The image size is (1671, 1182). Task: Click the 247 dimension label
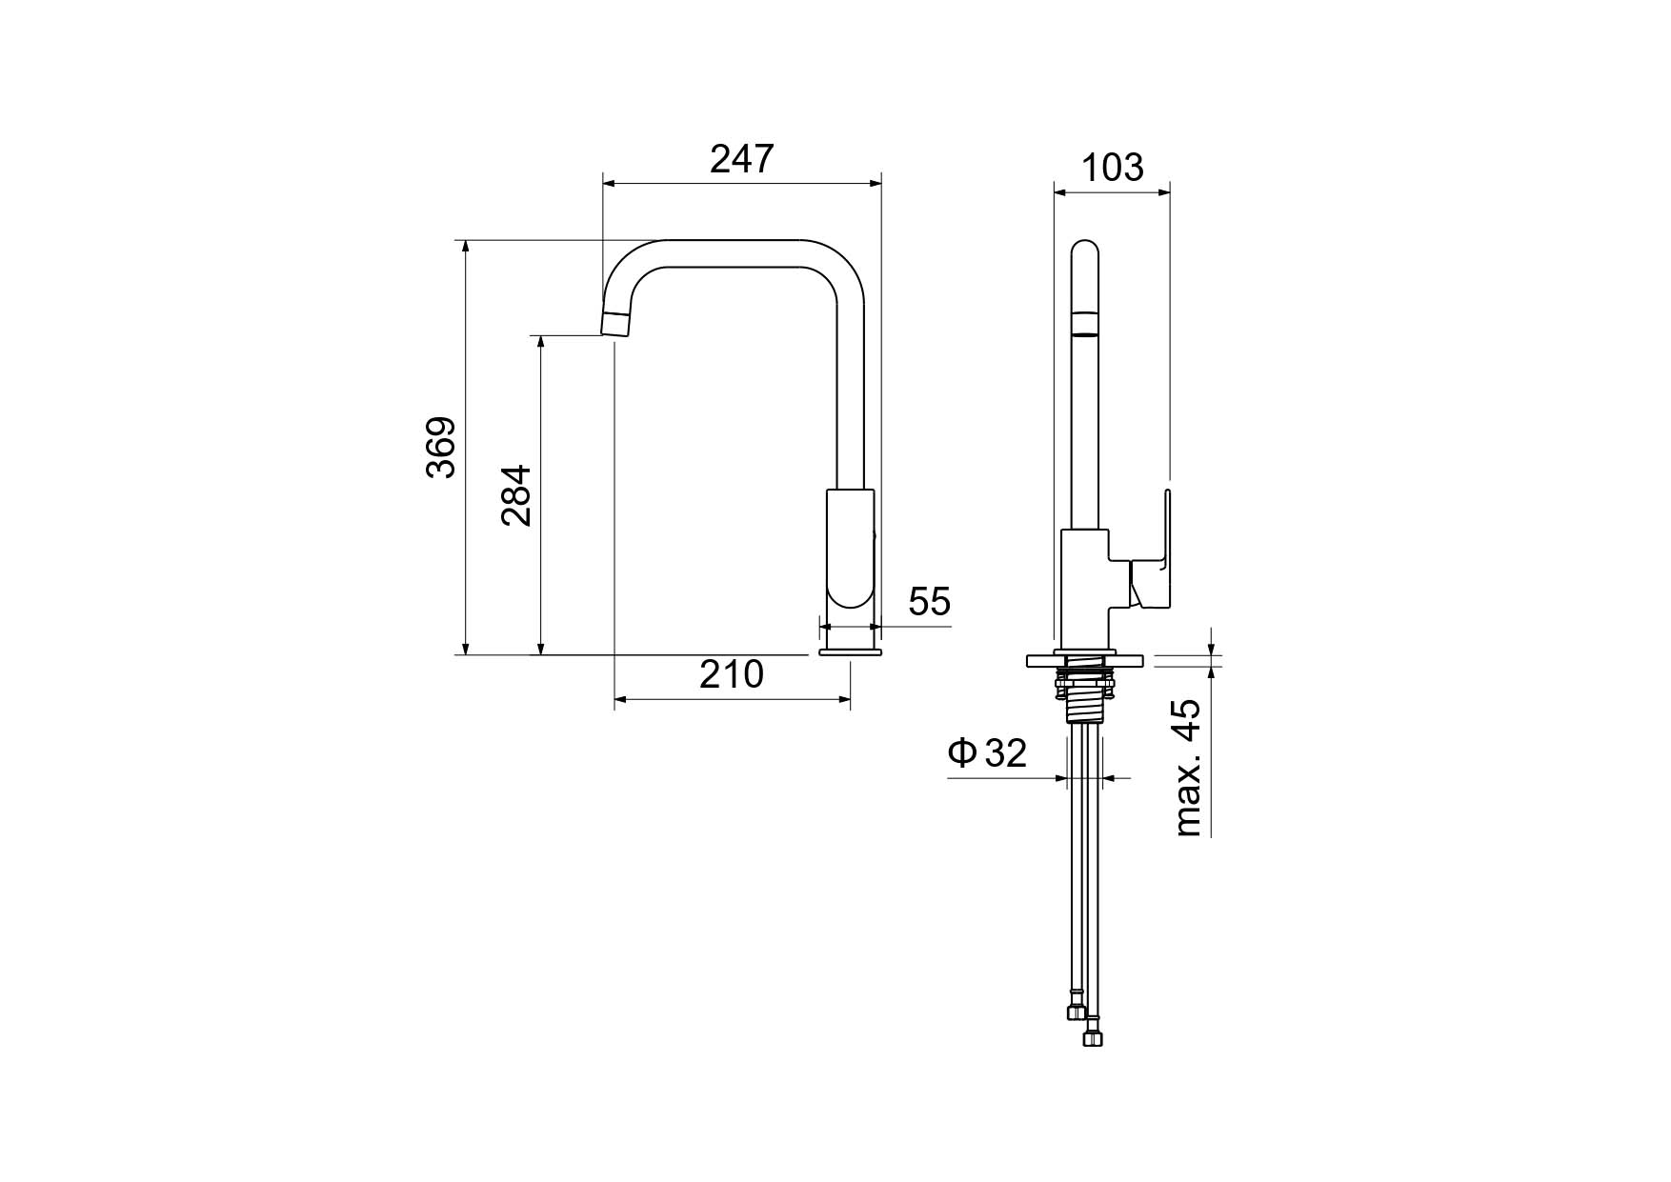pyautogui.click(x=742, y=159)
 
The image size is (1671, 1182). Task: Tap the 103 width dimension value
pyautogui.click(x=1113, y=168)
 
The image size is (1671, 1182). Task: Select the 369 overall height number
pyautogui.click(x=441, y=447)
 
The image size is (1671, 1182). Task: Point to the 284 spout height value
pyautogui.click(x=517, y=495)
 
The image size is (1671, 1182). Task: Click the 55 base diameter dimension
pyautogui.click(x=930, y=602)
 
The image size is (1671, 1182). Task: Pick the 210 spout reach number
pyautogui.click(x=732, y=674)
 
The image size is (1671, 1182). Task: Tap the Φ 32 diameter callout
pyautogui.click(x=987, y=752)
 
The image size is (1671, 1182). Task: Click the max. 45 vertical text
pyautogui.click(x=1187, y=768)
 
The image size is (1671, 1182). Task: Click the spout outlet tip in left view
pyautogui.click(x=616, y=324)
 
